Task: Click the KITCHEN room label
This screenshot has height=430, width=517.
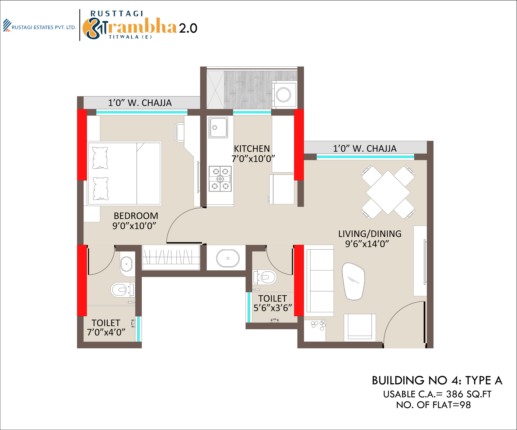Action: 252,149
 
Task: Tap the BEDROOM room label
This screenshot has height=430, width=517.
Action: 136,216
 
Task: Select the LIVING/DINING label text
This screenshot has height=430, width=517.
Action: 370,234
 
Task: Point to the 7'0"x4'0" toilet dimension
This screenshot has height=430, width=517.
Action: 106,332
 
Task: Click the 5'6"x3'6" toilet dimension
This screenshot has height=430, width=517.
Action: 273,308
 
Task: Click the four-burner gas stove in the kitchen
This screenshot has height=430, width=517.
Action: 220,179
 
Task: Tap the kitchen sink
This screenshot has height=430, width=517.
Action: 218,127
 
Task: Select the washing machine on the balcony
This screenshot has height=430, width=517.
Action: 284,95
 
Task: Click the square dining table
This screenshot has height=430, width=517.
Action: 388,193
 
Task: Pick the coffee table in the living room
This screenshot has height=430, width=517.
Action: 353,281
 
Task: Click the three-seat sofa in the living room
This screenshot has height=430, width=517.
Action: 319,281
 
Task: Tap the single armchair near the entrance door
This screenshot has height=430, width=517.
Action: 360,327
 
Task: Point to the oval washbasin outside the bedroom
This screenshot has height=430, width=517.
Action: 228,258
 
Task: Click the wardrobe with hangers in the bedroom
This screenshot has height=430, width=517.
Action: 171,257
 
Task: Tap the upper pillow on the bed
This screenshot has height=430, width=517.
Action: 100,158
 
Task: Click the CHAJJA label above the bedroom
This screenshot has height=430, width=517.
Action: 140,103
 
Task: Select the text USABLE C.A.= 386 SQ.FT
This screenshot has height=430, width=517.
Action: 437,394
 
